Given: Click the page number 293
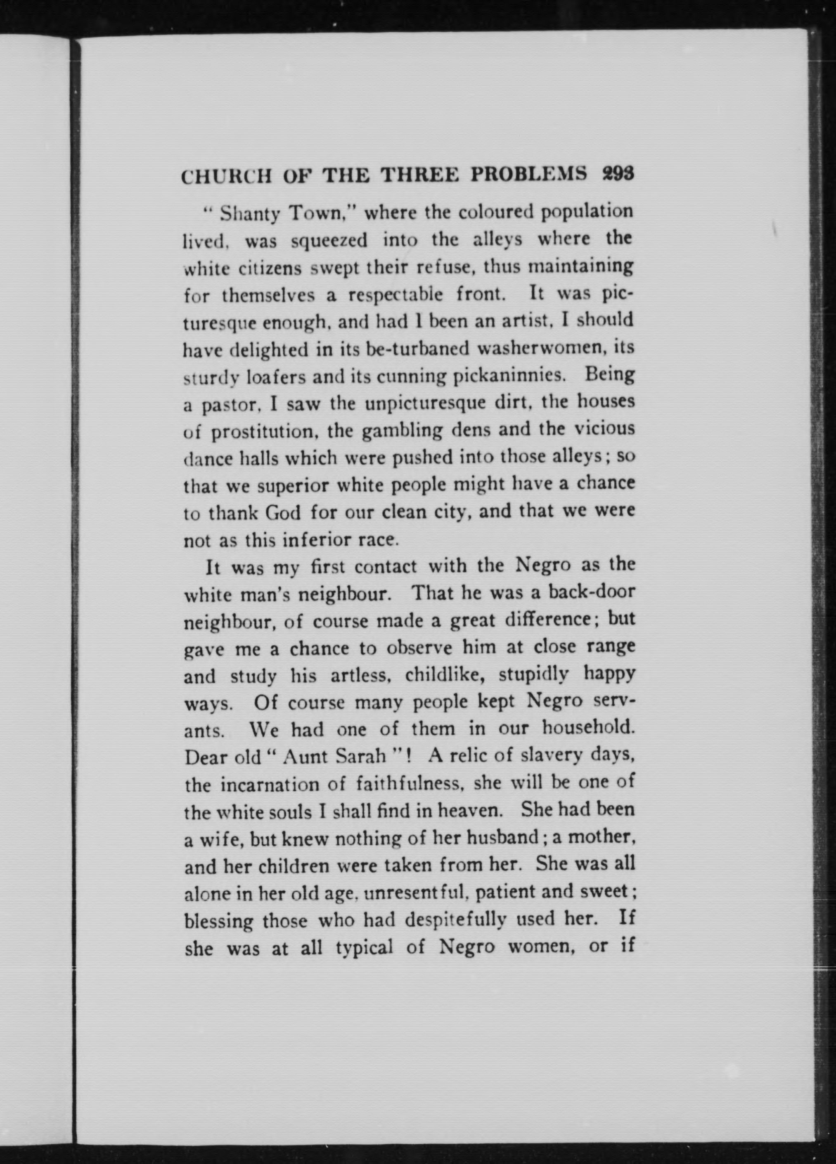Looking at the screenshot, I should pyautogui.click(x=618, y=174).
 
